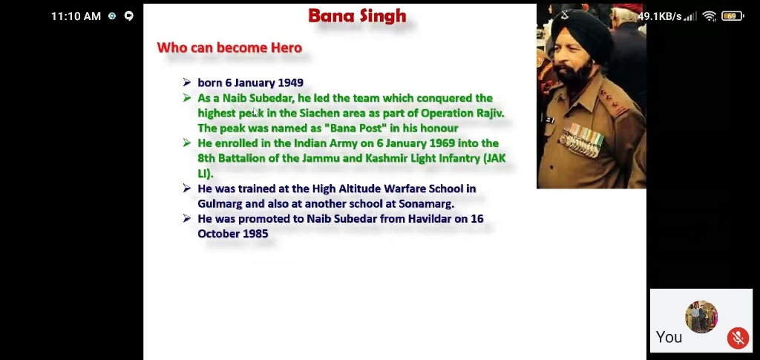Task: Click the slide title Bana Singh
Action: pos(357,16)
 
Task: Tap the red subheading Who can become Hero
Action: pos(229,48)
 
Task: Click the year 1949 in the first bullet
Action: pos(290,83)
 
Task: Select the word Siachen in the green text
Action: pos(319,114)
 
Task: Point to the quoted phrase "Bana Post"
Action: pos(356,128)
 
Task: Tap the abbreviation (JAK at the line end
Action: pos(494,158)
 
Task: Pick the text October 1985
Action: pos(232,234)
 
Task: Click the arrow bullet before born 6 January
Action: pos(187,83)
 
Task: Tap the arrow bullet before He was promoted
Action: pos(187,219)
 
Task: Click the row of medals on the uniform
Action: pos(582,140)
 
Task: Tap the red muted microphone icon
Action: pos(738,338)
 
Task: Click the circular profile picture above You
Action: pos(701,317)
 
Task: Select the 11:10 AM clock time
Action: pos(76,16)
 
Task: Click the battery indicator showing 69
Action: pos(733,16)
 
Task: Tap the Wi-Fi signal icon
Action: pos(709,16)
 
